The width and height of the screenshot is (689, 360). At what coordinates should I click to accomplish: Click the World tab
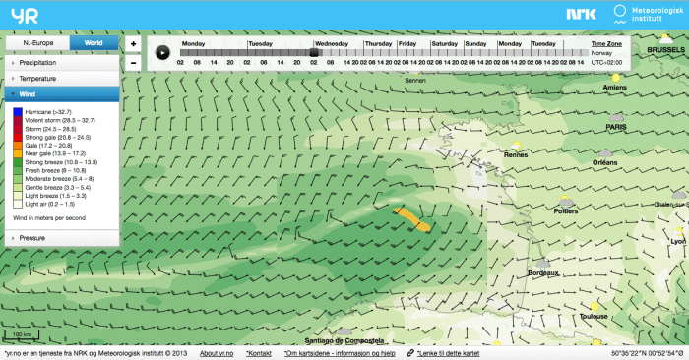[93, 44]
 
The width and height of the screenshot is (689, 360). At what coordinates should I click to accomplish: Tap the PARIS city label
[617, 127]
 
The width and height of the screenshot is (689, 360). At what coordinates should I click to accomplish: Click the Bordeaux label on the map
[543, 272]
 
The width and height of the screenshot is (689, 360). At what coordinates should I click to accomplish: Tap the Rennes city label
[516, 154]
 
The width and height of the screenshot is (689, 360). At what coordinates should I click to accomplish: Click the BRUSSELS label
[658, 48]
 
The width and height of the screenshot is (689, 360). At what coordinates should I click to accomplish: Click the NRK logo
[580, 14]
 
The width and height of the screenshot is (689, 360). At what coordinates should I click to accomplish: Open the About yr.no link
[221, 352]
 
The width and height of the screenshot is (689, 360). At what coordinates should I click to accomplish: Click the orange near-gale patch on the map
[411, 218]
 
